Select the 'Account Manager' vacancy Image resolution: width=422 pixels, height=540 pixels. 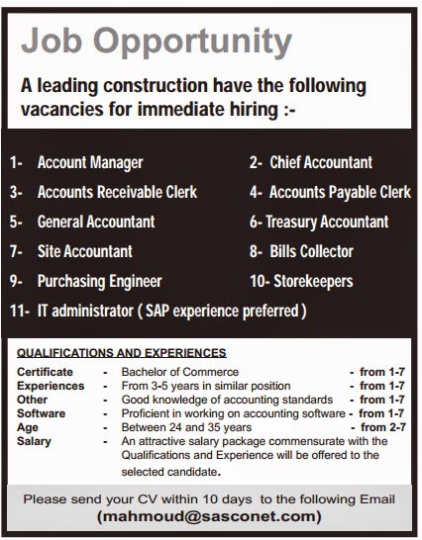pos(90,162)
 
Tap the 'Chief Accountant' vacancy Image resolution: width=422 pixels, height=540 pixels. pos(322,162)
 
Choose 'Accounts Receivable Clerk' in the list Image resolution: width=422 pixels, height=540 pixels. pos(117,192)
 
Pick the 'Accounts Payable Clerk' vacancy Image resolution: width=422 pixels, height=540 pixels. pos(340,192)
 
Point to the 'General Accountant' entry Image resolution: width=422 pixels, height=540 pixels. pos(95,222)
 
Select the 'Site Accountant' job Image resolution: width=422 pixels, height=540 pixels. pos(84,251)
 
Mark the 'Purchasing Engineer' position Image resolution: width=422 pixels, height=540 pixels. pos(99,281)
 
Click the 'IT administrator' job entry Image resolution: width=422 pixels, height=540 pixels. pos(83,311)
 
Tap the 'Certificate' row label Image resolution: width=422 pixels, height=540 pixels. pos(44,372)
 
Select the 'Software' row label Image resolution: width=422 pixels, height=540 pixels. pos(41,413)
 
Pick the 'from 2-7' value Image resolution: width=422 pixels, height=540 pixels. pos(383,427)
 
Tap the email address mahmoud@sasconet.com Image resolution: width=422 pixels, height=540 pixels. pos(209,516)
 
